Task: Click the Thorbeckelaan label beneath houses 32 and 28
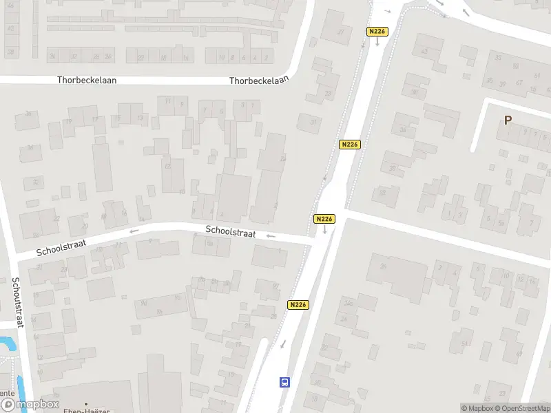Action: point(87,80)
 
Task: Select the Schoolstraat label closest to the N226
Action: point(231,233)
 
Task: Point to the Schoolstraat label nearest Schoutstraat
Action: point(62,248)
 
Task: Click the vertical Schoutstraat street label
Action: point(17,302)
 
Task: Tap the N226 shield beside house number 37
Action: point(377,32)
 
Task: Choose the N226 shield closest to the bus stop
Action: point(298,305)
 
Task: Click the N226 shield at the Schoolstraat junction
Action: point(324,219)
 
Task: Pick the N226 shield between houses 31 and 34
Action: point(350,145)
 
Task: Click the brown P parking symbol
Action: point(508,120)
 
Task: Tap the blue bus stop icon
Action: point(284,382)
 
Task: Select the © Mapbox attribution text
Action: point(477,408)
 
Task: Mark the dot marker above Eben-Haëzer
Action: point(86,403)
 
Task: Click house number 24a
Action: point(348,303)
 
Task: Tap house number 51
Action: point(465,344)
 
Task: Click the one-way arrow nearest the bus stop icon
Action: point(282,344)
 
